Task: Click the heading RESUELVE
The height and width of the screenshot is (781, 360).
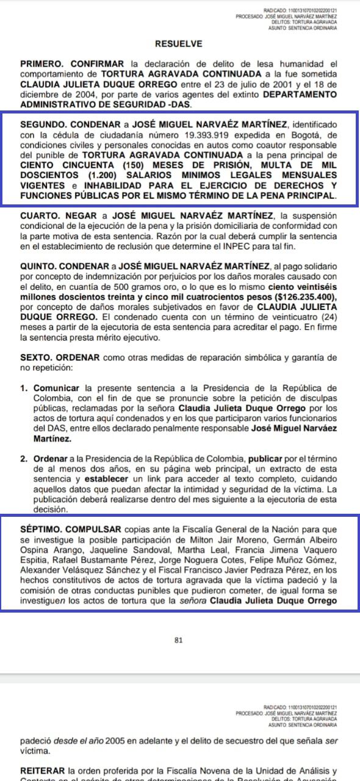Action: (178, 44)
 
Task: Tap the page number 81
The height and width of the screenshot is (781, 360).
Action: (179, 640)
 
